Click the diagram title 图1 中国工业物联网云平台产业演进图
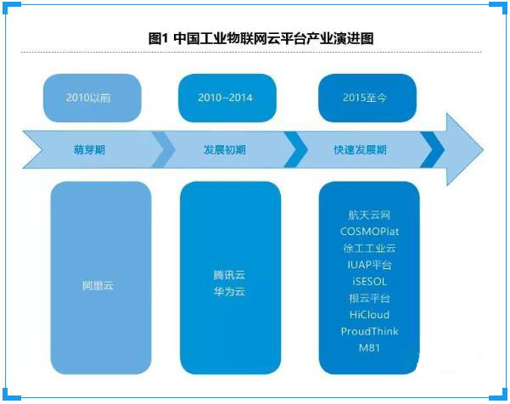(261, 39)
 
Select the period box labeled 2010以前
(92, 98)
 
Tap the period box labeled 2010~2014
(227, 98)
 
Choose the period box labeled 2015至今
(367, 98)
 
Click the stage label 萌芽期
(89, 150)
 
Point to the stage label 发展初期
(224, 150)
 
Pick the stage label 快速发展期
(360, 150)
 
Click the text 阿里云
(98, 286)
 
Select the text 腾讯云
(229, 275)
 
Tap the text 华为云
(229, 291)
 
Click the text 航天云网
(369, 215)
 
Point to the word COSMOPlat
(369, 232)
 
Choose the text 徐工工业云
(369, 248)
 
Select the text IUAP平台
(369, 265)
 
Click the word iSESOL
(369, 282)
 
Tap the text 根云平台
(369, 298)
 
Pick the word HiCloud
(369, 315)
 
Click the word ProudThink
(369, 331)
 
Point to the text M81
(369, 348)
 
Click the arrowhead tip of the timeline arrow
(484, 150)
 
